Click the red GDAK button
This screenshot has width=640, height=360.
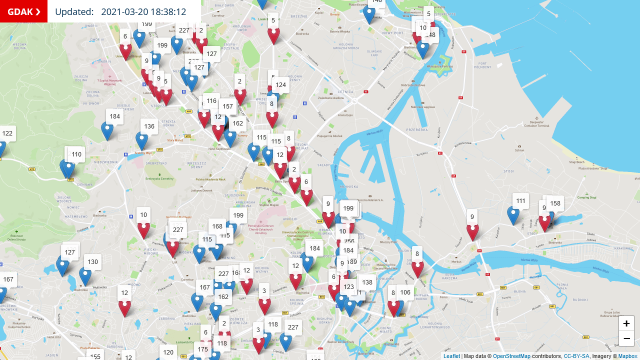pyautogui.click(x=23, y=11)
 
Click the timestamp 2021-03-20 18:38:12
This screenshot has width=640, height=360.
pyautogui.click(x=143, y=12)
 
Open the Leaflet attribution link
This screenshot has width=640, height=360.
pyautogui.click(x=451, y=356)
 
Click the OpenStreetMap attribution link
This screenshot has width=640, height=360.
pyautogui.click(x=511, y=356)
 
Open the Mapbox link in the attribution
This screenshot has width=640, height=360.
pyautogui.click(x=627, y=356)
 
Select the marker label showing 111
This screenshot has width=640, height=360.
pyautogui.click(x=520, y=201)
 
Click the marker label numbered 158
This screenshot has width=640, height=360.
pyautogui.click(x=554, y=203)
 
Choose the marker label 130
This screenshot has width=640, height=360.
pyautogui.click(x=92, y=262)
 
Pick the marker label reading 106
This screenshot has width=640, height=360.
pyautogui.click(x=405, y=292)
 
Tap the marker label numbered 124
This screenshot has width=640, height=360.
pyautogui.click(x=280, y=85)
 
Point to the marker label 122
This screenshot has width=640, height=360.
pyautogui.click(x=7, y=133)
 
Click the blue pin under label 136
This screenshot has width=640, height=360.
pyautogui.click(x=142, y=141)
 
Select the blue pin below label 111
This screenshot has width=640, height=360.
pyautogui.click(x=513, y=215)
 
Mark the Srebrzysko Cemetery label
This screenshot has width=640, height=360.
pyautogui.click(x=159, y=178)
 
